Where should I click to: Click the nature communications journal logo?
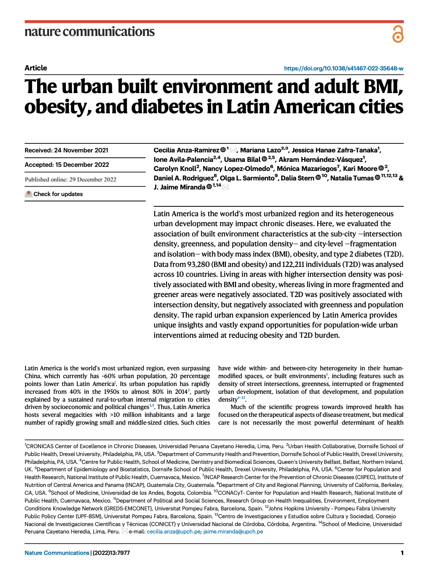tap(89, 32)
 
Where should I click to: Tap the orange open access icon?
tap(397, 34)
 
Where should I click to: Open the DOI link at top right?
tap(343, 68)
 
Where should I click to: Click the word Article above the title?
tap(36, 68)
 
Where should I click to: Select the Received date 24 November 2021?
tap(66, 150)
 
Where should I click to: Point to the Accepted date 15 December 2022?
tap(67, 165)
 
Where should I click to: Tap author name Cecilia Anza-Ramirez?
tap(186, 150)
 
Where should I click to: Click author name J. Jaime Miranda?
tap(179, 187)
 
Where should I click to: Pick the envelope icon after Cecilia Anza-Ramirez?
tap(233, 150)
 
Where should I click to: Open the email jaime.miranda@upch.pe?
tap(233, 532)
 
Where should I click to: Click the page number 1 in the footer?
tap(402, 553)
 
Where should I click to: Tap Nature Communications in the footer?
tap(57, 553)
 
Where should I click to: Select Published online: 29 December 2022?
tap(70, 180)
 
